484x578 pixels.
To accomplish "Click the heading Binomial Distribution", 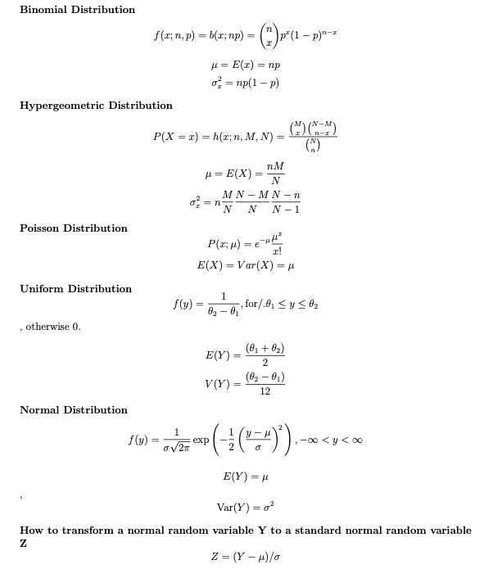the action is pos(77,9).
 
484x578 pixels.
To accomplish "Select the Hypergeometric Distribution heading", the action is pos(96,105).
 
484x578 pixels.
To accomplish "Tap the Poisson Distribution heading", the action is pos(74,228).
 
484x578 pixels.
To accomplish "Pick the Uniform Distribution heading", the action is pos(75,288).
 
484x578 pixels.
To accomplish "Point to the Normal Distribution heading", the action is pos(74,409).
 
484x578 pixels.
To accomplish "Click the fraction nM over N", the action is pos(274,174).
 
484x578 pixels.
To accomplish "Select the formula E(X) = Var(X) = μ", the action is pos(245,266).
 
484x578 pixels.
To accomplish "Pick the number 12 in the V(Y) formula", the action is pos(265,392).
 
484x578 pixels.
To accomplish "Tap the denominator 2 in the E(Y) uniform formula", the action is pos(265,363).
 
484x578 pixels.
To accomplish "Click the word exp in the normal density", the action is pos(201,440).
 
